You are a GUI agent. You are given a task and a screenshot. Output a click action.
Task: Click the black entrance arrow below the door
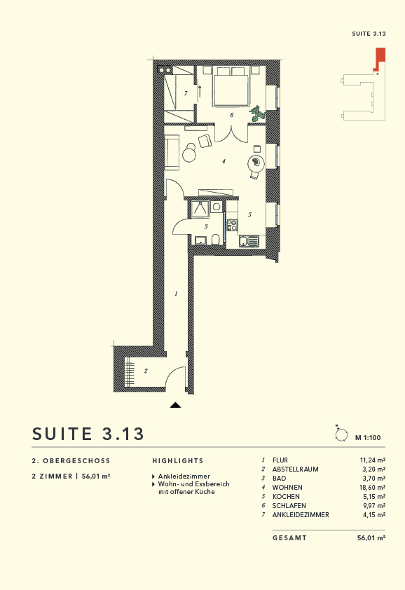click(175, 404)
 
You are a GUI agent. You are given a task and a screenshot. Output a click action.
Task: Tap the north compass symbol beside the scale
click(341, 435)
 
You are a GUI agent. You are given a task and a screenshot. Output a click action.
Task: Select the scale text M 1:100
click(368, 438)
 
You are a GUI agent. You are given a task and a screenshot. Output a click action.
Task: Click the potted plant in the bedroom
click(258, 112)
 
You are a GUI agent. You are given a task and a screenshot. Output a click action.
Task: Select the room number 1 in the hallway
click(176, 294)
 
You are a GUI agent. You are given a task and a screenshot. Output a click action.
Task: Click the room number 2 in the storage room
click(146, 371)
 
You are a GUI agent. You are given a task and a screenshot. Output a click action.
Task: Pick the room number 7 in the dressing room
click(186, 93)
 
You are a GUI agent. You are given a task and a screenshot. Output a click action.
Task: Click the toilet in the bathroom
click(217, 241)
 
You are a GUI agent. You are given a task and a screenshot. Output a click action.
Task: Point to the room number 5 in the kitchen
click(249, 214)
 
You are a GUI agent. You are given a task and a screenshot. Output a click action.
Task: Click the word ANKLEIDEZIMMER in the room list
click(301, 514)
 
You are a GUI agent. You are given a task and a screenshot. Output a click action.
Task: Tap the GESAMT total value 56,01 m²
click(371, 538)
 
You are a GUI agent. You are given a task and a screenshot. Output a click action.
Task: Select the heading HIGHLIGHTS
click(178, 461)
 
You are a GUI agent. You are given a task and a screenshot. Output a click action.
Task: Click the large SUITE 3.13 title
click(88, 434)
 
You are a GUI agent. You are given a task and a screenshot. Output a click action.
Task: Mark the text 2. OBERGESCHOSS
click(71, 461)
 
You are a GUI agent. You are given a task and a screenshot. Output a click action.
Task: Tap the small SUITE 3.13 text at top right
click(369, 34)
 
